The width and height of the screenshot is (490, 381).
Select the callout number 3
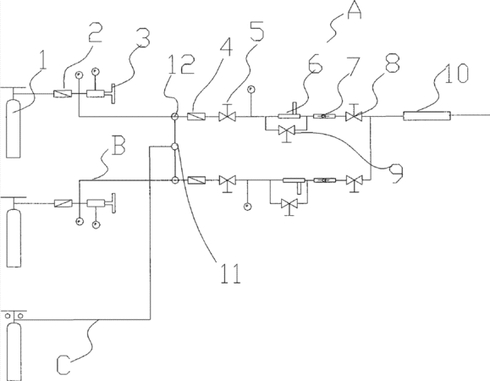143,37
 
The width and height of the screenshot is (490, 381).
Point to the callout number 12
182,64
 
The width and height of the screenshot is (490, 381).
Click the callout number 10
456,73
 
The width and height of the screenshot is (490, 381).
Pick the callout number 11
231,273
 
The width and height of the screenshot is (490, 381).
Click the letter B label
118,146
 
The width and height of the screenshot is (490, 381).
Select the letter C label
63,364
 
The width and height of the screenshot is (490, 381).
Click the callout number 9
396,174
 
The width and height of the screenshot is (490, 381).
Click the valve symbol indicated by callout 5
227,114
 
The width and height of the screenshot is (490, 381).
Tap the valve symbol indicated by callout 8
354,114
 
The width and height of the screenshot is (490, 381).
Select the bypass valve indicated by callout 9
287,132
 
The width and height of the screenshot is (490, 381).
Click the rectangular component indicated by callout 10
427,116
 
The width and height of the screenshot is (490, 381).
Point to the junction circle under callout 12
174,117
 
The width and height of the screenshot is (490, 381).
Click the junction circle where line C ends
174,146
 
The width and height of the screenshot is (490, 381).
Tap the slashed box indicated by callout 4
196,117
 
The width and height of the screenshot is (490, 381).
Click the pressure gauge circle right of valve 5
251,90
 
